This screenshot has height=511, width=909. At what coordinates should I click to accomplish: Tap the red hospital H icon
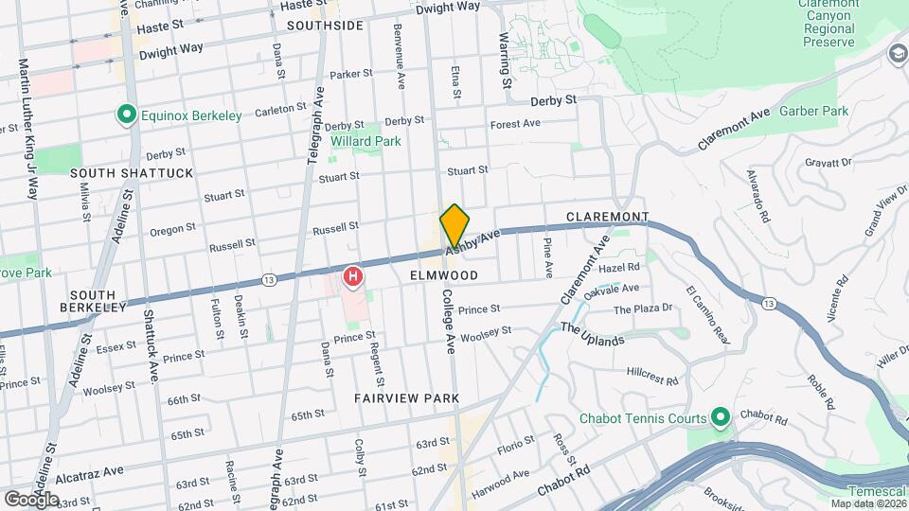click(x=353, y=277)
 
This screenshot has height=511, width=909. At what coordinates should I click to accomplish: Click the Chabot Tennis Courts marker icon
click(x=719, y=417)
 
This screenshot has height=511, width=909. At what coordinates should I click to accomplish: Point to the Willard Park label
click(x=365, y=141)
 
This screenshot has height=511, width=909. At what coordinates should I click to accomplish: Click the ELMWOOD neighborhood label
click(x=444, y=274)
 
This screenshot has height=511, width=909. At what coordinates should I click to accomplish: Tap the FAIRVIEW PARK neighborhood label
click(x=406, y=398)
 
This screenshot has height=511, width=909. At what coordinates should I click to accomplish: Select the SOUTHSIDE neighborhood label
click(x=325, y=26)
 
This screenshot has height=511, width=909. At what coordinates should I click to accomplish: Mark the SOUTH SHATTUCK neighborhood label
click(x=131, y=173)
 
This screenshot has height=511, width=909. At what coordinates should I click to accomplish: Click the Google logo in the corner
click(x=31, y=499)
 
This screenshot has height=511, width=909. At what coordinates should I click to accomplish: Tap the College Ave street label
click(x=449, y=321)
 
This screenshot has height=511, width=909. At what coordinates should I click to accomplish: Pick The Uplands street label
click(x=593, y=334)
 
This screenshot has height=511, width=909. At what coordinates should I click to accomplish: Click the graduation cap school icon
click(x=896, y=55)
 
